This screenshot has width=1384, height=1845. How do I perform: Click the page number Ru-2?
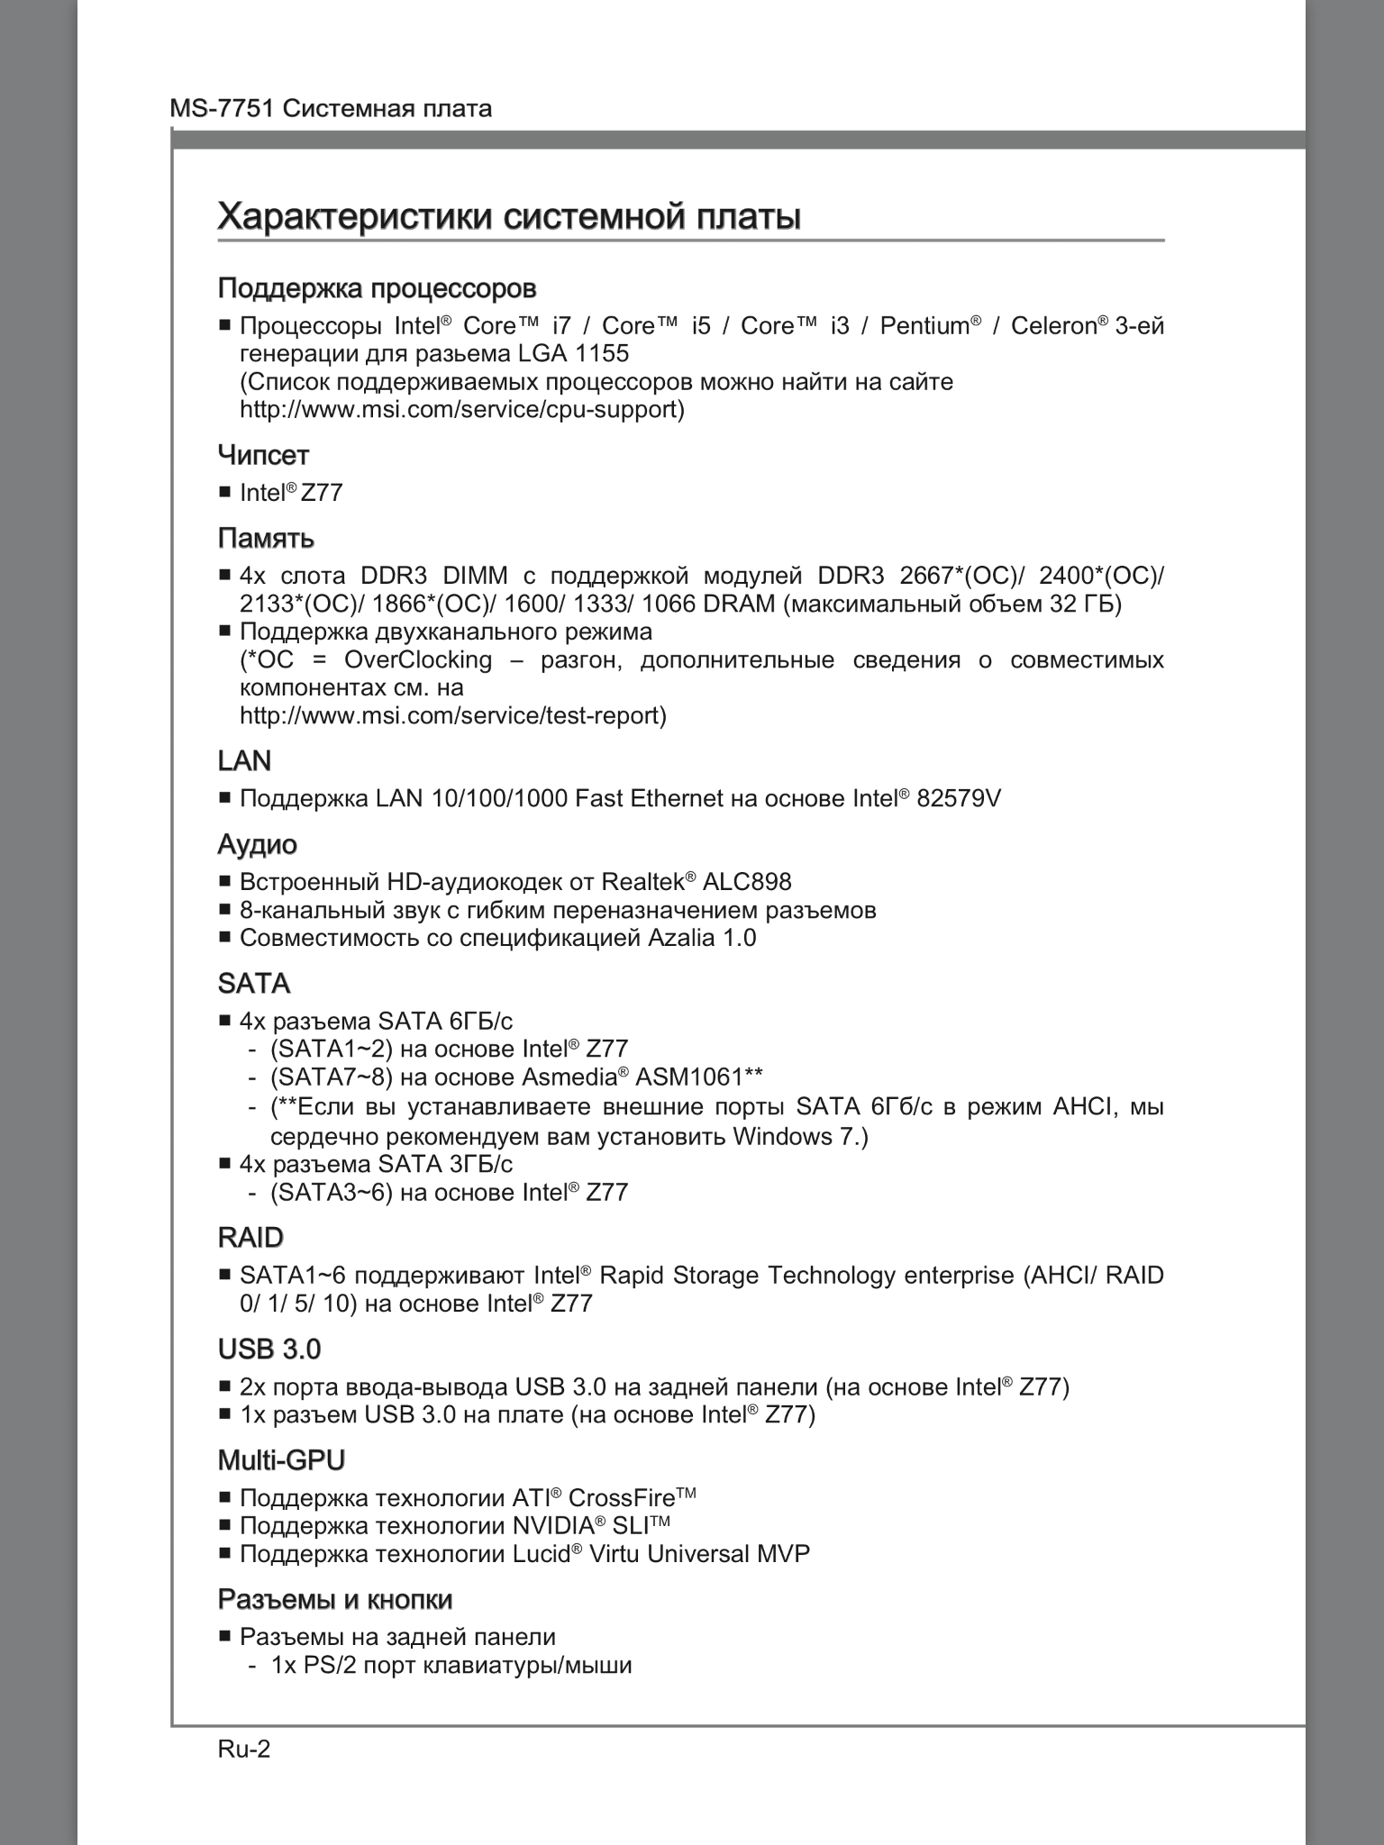pos(244,1749)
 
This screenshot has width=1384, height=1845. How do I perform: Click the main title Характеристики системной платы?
pos(509,217)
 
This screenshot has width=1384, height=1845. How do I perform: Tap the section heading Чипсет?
pos(263,455)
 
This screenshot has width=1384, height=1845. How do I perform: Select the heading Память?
pos(266,539)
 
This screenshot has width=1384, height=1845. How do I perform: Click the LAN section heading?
pos(244,761)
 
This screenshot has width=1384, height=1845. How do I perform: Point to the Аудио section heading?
pos(258,844)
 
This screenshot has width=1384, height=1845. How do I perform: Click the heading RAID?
pos(250,1238)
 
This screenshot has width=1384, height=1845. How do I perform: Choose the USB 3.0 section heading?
pos(269,1350)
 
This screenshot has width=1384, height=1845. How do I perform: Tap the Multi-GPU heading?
pos(281,1460)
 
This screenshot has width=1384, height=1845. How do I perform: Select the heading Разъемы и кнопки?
pos(335,1600)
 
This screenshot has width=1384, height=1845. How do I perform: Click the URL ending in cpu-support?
pos(461,410)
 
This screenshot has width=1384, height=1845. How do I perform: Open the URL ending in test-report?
pos(452,716)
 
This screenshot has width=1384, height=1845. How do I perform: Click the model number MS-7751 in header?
pos(223,109)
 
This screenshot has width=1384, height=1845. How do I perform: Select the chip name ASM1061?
pos(691,1077)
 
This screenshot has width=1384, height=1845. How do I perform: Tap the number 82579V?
pos(959,798)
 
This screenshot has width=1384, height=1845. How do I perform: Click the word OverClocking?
pos(418,660)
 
